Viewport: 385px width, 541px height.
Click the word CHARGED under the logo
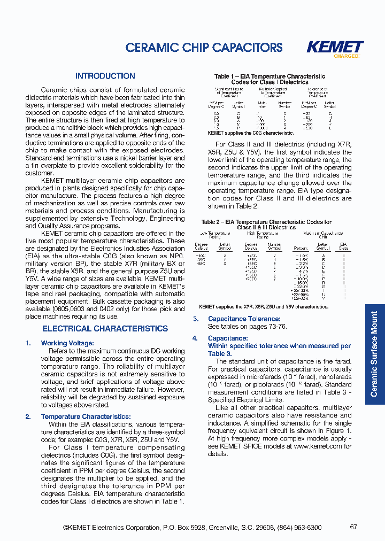click(x=346, y=56)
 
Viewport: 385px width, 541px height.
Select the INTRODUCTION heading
click(x=105, y=76)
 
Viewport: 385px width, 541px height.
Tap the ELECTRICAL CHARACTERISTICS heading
click(x=105, y=329)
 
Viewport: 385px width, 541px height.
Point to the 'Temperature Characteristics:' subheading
click(x=86, y=416)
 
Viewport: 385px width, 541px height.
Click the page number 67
click(x=353, y=527)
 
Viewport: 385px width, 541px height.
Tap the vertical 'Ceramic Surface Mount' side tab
click(x=374, y=353)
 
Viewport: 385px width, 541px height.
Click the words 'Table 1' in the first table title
click(x=225, y=76)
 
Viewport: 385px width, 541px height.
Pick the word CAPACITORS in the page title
click(x=248, y=48)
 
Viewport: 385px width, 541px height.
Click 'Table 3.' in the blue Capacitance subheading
click(x=220, y=353)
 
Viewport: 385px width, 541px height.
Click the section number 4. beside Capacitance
click(x=196, y=338)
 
